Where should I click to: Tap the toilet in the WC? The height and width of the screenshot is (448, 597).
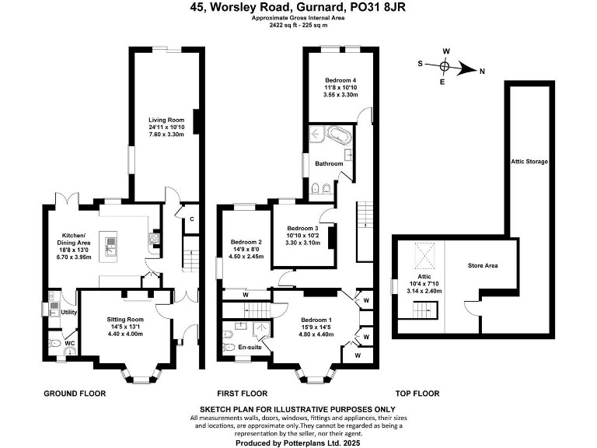tap(55, 342)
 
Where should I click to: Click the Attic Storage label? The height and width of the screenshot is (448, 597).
tap(529, 162)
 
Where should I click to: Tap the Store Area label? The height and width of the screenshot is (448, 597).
tap(483, 266)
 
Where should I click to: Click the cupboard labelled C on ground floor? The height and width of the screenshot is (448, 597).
tap(190, 219)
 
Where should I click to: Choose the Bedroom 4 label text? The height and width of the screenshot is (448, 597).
tap(341, 80)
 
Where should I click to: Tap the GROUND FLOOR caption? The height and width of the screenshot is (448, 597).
tap(75, 394)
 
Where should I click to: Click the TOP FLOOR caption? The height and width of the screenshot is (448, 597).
tap(417, 394)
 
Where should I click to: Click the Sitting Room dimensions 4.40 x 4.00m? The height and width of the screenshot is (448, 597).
tap(125, 334)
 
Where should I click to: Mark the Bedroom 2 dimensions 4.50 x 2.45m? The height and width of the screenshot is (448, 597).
tap(245, 257)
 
